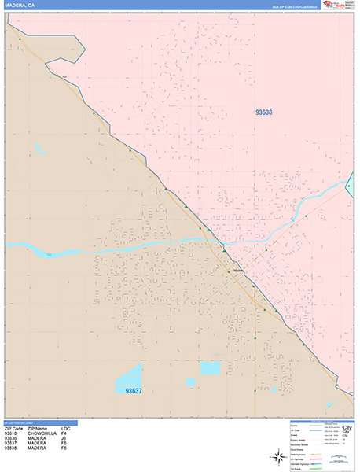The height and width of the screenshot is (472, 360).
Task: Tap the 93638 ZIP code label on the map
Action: (263, 112)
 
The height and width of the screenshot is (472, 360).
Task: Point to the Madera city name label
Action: (240, 272)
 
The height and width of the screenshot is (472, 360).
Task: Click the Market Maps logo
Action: (343, 5)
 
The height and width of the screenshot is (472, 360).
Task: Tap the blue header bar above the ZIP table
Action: (47, 422)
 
